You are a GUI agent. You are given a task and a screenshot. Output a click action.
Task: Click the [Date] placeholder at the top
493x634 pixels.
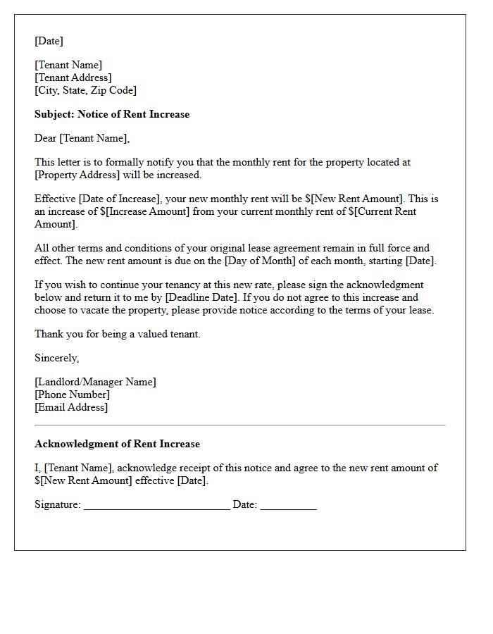tap(49, 41)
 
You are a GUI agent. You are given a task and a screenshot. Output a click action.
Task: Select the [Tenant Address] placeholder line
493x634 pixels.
tap(73, 77)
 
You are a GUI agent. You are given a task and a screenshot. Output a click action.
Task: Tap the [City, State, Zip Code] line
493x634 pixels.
tap(85, 90)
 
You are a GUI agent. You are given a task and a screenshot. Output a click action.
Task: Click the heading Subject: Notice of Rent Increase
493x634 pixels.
tap(112, 114)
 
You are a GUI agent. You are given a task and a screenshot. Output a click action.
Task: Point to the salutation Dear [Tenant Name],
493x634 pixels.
tap(82, 138)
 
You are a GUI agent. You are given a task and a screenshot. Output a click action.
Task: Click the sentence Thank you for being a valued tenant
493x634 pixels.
tap(118, 334)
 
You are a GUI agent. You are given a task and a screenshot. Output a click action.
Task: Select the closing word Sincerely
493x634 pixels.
tap(56, 358)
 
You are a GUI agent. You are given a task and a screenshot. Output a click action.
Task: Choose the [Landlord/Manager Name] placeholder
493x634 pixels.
tap(95, 382)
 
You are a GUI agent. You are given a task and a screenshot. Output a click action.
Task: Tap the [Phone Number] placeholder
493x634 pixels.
tap(72, 394)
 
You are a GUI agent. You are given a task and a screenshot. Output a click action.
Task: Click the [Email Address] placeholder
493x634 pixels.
tap(71, 407)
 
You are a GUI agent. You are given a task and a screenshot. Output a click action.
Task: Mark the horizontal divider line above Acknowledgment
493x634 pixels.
tap(239, 425)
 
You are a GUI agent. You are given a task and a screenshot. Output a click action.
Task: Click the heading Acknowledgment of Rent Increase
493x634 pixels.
tap(117, 444)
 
